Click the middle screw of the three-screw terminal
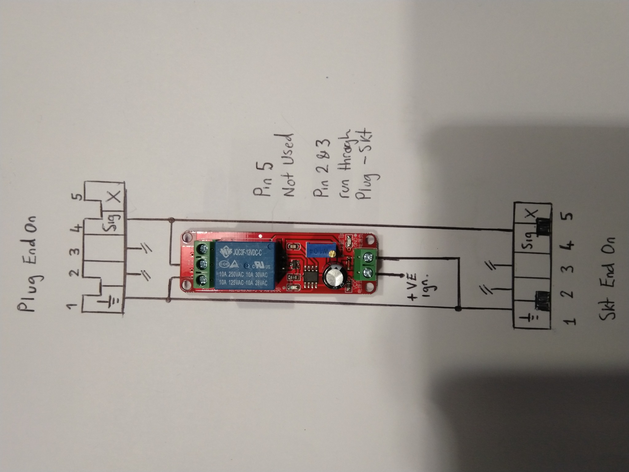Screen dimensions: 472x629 [x=202, y=264]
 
